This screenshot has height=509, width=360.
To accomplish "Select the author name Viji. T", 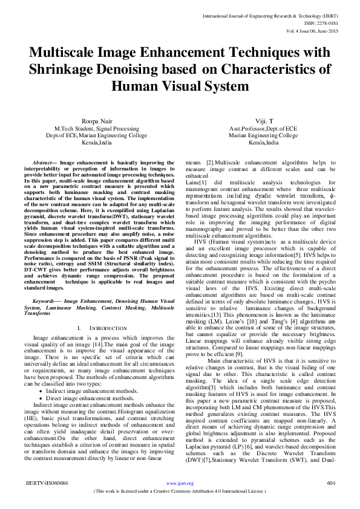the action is coord(264,122).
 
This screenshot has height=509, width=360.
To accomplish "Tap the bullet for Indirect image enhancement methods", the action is coord(57,375).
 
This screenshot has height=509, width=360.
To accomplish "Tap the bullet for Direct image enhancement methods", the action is coord(57,381).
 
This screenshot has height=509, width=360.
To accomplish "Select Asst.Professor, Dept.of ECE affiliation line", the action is coord(264,129).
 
